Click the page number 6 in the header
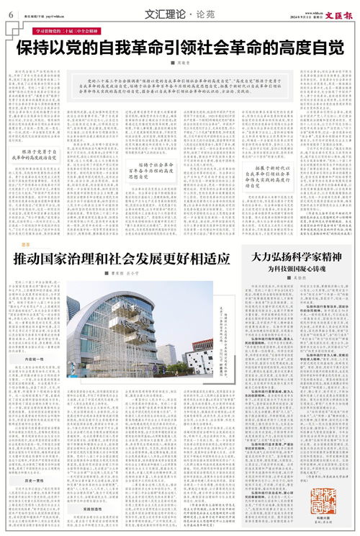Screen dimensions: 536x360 (11, 14)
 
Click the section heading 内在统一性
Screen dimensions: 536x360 (34, 358)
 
